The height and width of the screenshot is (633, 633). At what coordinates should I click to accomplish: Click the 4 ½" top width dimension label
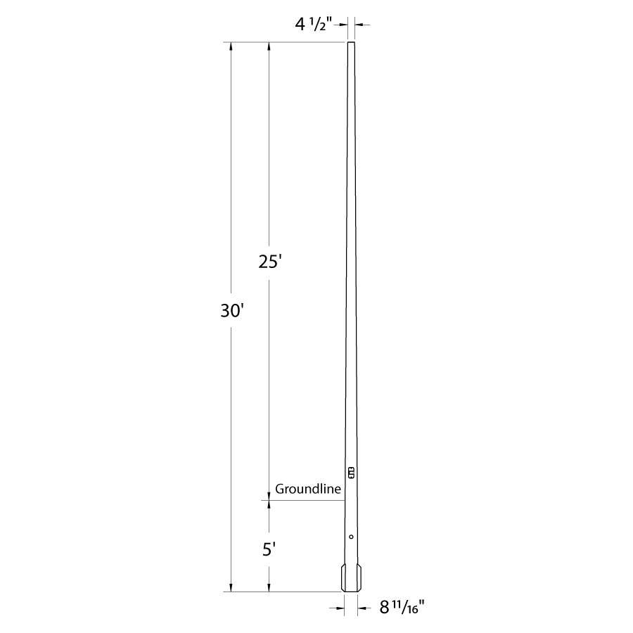[313, 25]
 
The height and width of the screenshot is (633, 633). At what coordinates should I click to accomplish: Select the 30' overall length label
[232, 311]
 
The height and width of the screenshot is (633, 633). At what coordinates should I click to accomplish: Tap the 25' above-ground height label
[269, 262]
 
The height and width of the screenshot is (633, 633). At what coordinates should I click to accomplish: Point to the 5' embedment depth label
[269, 549]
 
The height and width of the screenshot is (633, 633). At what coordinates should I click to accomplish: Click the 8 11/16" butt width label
[402, 607]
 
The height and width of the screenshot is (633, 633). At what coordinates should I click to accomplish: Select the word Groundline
[308, 489]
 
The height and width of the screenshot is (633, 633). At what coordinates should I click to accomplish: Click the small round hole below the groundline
[351, 537]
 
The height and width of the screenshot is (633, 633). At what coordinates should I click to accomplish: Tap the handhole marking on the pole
[351, 473]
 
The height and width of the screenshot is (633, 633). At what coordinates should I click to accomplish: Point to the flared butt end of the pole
[351, 578]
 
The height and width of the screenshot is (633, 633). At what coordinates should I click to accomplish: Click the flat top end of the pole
[351, 42]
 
